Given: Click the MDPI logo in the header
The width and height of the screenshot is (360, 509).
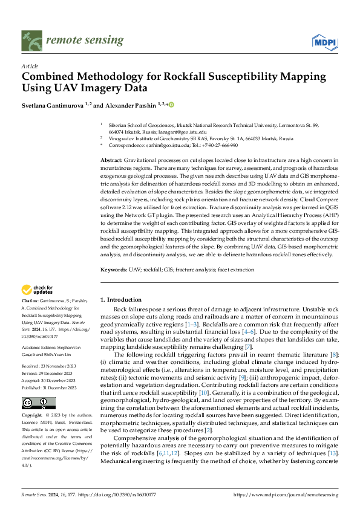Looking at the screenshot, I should coord(324,41).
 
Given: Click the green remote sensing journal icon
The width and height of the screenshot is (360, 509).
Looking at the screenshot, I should coord(30,41).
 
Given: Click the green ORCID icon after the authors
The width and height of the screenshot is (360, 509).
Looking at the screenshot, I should coord(171,105).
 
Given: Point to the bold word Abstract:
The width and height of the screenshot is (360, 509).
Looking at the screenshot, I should coord(113,158).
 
